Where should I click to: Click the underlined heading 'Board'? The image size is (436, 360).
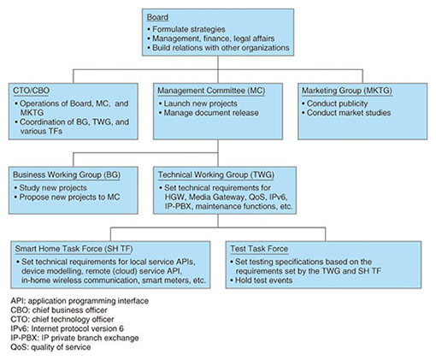pos(157,17)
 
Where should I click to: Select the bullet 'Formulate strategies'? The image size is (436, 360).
pos(186,29)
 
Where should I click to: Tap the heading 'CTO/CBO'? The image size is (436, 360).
pos(32,91)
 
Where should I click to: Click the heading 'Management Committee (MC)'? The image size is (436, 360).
pos(211,91)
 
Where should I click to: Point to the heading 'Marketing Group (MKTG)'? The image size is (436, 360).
pos(347,91)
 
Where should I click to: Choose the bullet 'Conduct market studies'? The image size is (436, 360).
pos(346,113)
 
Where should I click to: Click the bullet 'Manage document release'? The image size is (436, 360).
pos(209,113)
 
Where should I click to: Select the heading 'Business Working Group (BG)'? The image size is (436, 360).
pos(67,174)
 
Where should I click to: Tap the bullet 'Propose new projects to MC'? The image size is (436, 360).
pos(67,197)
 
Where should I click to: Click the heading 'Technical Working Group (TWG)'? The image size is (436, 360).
pos(216,174)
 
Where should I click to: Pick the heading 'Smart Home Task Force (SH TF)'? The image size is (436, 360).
pos(74,249)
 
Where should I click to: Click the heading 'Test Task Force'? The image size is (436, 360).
pos(259,249)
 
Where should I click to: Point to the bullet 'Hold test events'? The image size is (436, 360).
pos(261,280)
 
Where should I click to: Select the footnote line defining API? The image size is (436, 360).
pos(80,301)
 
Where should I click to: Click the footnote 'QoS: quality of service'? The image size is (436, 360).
pos(50,347)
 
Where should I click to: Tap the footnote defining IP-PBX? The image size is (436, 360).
pos(74,338)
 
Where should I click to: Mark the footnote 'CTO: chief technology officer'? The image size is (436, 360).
pos(62,319)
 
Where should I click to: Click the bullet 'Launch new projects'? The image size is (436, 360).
pos(197,103)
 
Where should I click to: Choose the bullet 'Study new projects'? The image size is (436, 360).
pos(50,187)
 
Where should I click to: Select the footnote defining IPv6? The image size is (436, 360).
pos(68,328)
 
